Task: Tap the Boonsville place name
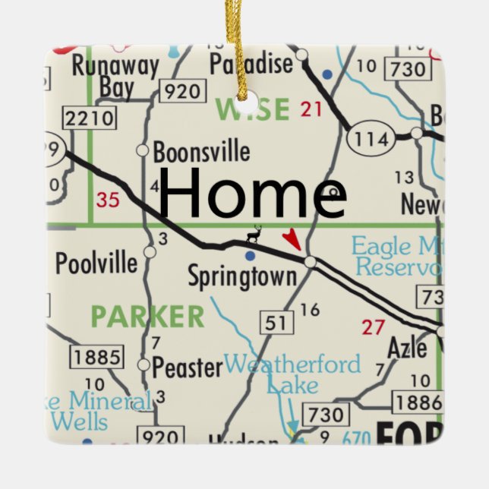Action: click(201, 152)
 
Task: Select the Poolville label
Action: click(96, 263)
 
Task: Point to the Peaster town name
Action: click(188, 368)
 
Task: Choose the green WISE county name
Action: click(253, 110)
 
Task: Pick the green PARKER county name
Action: click(147, 317)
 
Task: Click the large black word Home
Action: click(252, 194)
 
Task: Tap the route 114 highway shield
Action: click(371, 139)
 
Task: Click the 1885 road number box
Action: click(97, 355)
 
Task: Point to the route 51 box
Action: click(276, 323)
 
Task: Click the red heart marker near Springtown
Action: click(292, 240)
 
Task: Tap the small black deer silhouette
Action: click(254, 235)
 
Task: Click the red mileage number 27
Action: click(373, 327)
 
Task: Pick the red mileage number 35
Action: click(109, 200)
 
